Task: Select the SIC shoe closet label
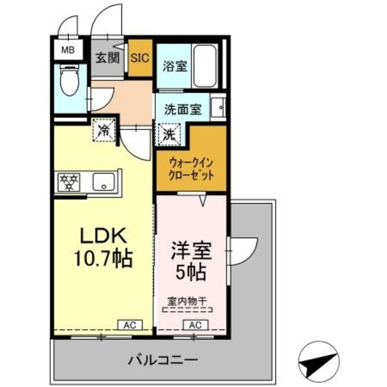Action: [140, 59]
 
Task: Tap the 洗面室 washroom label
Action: [184, 110]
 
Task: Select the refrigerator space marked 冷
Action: [103, 130]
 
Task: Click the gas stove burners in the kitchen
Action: [68, 182]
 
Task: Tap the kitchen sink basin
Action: [104, 182]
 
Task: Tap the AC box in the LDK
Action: [129, 325]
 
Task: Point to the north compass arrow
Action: [319, 360]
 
